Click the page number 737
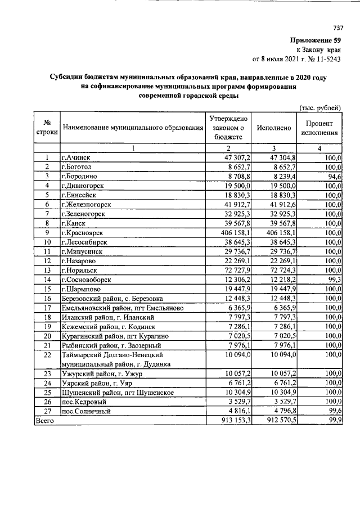click(x=338, y=28)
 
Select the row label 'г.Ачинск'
click(x=76, y=158)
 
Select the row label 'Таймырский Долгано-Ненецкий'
click(x=112, y=355)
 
